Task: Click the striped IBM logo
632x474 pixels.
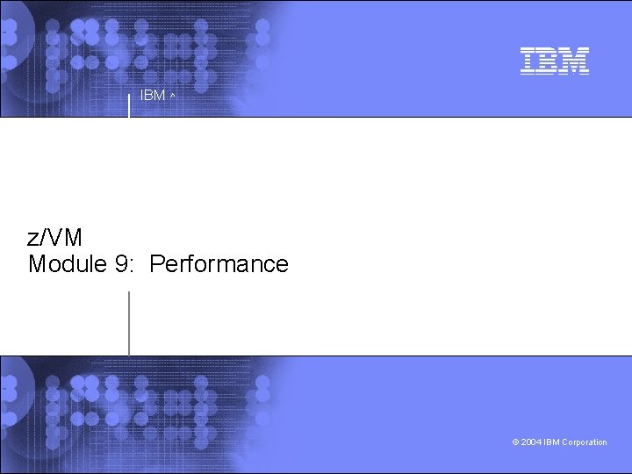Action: [554, 61]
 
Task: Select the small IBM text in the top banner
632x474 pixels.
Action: [153, 95]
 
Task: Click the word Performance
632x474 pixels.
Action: [219, 263]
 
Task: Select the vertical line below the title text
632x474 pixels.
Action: [129, 322]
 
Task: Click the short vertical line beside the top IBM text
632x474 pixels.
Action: [129, 103]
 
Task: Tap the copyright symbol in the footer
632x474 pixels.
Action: [515, 442]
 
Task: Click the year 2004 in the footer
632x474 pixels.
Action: [531, 442]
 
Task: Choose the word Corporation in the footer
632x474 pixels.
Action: [585, 442]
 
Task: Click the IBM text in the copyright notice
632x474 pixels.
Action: [551, 442]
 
